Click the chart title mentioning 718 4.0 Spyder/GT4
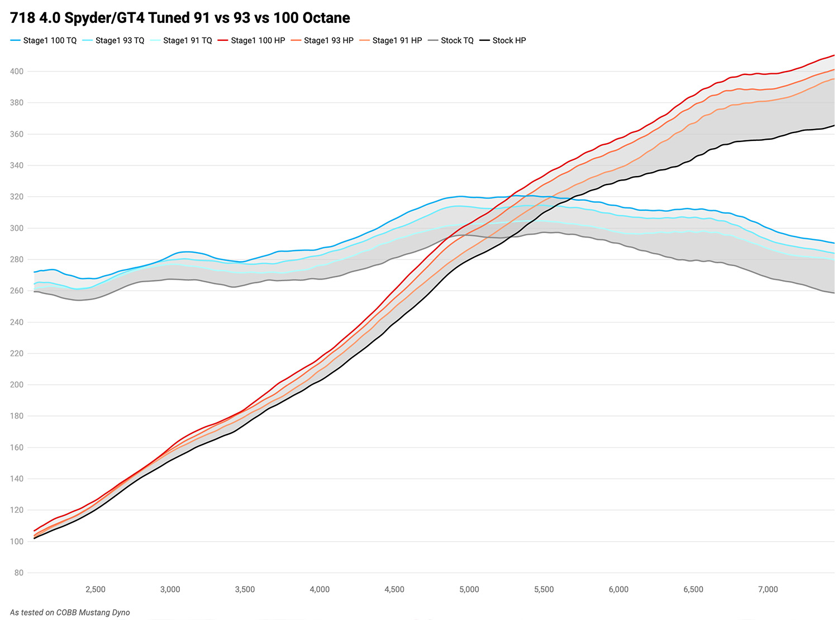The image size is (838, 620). click(x=180, y=18)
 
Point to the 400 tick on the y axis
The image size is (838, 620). click(x=17, y=72)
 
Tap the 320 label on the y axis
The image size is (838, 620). click(x=17, y=197)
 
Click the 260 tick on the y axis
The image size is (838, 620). click(x=17, y=291)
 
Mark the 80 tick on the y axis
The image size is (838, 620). click(x=19, y=572)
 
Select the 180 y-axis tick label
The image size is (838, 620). click(x=17, y=416)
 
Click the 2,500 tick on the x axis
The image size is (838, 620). click(x=96, y=589)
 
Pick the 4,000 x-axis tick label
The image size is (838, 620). click(x=320, y=589)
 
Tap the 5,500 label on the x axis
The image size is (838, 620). click(x=544, y=589)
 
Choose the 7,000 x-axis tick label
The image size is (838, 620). click(x=768, y=589)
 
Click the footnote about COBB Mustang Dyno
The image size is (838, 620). click(x=70, y=612)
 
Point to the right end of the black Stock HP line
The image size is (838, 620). click(x=834, y=125)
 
